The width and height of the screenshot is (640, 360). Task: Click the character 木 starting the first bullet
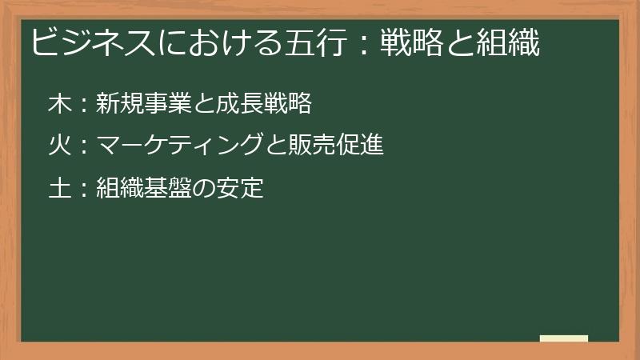(58, 103)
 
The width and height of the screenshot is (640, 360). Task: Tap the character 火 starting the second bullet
(58, 146)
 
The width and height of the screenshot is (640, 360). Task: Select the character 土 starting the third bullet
(58, 189)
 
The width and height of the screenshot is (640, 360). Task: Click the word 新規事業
(138, 103)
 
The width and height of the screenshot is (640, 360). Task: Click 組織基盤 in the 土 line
(138, 189)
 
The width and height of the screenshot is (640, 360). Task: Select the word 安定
(242, 189)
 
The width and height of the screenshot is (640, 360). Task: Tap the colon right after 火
(82, 147)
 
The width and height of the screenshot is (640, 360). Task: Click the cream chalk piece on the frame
(564, 338)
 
